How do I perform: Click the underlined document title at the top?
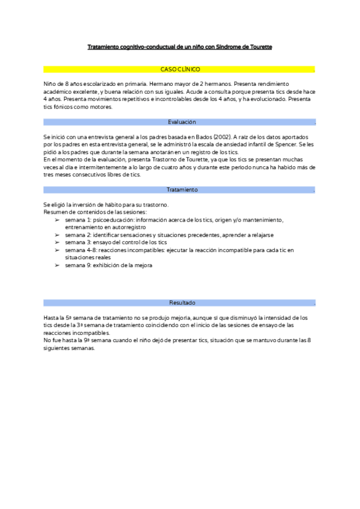click(180, 46)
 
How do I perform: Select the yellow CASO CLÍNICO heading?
click(180, 70)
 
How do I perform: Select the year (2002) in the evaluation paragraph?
click(220, 137)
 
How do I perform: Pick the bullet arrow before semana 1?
click(57, 220)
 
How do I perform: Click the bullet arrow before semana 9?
click(57, 265)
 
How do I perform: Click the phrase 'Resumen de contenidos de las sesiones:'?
click(87, 212)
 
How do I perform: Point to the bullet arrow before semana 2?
click(57, 235)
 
